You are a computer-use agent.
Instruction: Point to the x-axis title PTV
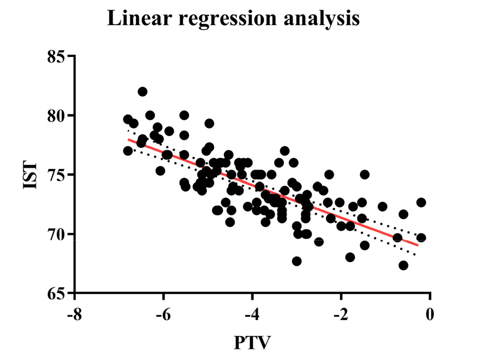pyautogui.click(x=252, y=344)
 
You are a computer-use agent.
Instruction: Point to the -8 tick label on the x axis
pyautogui.click(x=72, y=314)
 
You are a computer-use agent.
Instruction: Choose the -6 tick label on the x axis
pyautogui.click(x=161, y=314)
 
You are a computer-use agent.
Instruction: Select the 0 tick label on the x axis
pyautogui.click(x=430, y=314)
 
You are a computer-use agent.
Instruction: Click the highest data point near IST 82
pyautogui.click(x=143, y=92)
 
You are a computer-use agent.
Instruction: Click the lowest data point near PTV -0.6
pyautogui.click(x=403, y=265)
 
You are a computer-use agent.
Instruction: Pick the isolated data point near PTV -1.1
pyautogui.click(x=382, y=206)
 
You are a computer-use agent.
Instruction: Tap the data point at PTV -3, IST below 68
pyautogui.click(x=296, y=261)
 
